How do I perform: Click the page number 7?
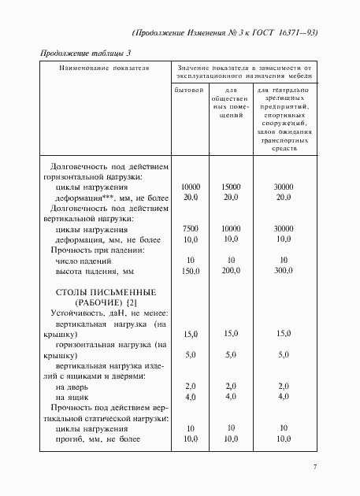point(315,468)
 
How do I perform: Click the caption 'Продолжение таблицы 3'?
point(85,53)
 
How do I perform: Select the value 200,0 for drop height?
point(231,270)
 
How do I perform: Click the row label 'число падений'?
point(84,260)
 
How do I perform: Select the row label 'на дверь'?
point(72,387)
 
